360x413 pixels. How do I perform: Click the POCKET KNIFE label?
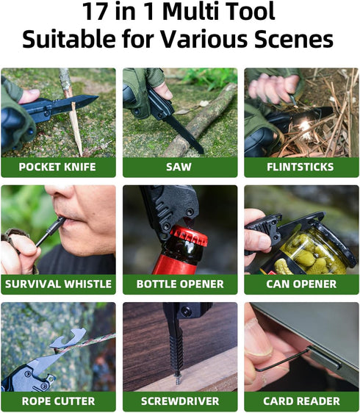[57, 167]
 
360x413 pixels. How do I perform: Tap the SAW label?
[179, 167]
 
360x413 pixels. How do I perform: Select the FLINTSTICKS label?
[301, 167]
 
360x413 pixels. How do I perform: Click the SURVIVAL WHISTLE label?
[57, 284]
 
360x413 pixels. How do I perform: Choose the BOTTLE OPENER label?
[179, 284]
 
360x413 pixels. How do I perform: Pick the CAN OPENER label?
[301, 284]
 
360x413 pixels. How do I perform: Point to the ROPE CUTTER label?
[57, 401]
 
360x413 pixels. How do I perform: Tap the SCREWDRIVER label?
[179, 401]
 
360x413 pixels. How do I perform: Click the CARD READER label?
[301, 401]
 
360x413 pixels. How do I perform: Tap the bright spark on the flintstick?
[303, 126]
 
